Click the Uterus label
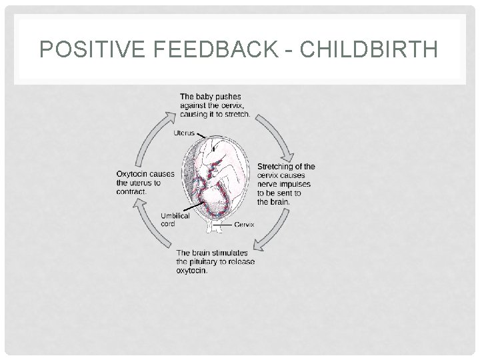184,133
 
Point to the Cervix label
244,225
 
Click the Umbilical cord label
175,219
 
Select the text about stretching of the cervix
285,184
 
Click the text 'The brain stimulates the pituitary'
215,261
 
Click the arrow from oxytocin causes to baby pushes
152,133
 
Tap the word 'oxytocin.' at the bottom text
192,271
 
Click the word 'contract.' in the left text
131,191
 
